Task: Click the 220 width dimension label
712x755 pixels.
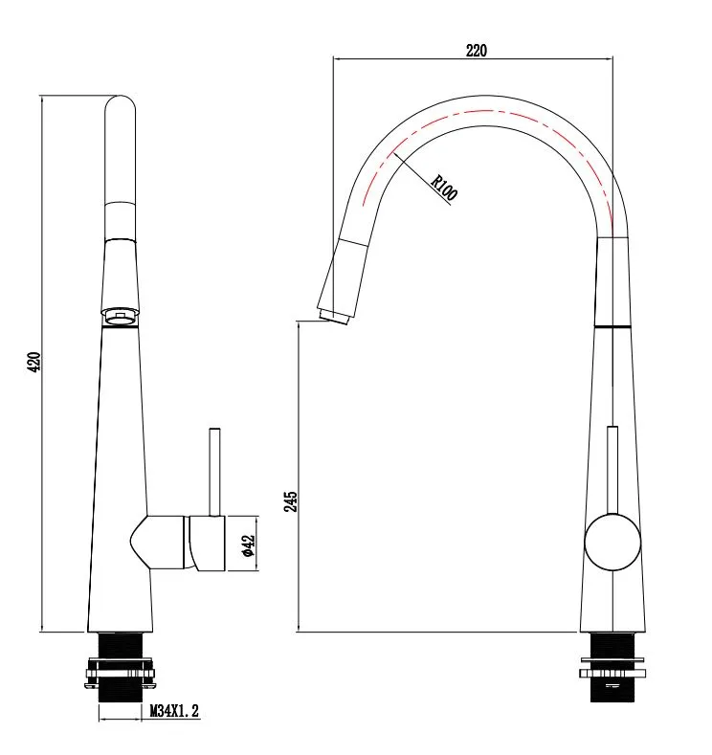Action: [x=477, y=50]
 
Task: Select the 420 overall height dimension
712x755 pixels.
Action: [x=34, y=362]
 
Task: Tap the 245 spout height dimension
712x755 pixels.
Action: [x=290, y=501]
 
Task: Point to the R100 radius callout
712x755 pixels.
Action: [x=443, y=188]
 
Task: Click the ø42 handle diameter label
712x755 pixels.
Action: [x=249, y=546]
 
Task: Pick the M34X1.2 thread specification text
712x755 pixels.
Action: [x=174, y=711]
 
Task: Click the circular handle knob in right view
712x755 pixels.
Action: [x=612, y=543]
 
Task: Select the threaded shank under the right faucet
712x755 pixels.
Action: [x=612, y=667]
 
